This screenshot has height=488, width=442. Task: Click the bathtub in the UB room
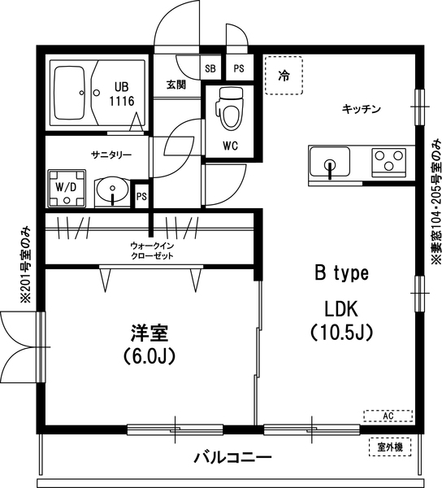pos(72,92)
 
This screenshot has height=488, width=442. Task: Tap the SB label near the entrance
pos(210,68)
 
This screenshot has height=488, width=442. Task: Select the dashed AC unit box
pos(388,416)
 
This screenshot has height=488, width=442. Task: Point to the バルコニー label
pos(232,458)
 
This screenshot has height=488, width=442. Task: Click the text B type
pos(341,274)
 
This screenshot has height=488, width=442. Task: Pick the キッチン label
pos(362,108)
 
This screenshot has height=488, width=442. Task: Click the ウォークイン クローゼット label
pos(151,250)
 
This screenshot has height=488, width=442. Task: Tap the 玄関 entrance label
pos(175,85)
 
